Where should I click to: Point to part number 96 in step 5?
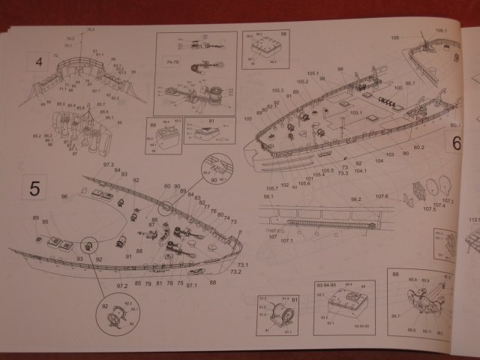(x=64, y=197)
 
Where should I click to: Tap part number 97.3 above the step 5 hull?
(x=108, y=164)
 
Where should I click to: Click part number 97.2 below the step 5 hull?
(x=122, y=286)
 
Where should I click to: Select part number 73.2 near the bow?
(x=235, y=272)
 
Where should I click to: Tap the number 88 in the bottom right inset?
(x=395, y=275)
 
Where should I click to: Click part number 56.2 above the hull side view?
(x=355, y=199)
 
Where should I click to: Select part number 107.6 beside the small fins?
(x=382, y=196)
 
